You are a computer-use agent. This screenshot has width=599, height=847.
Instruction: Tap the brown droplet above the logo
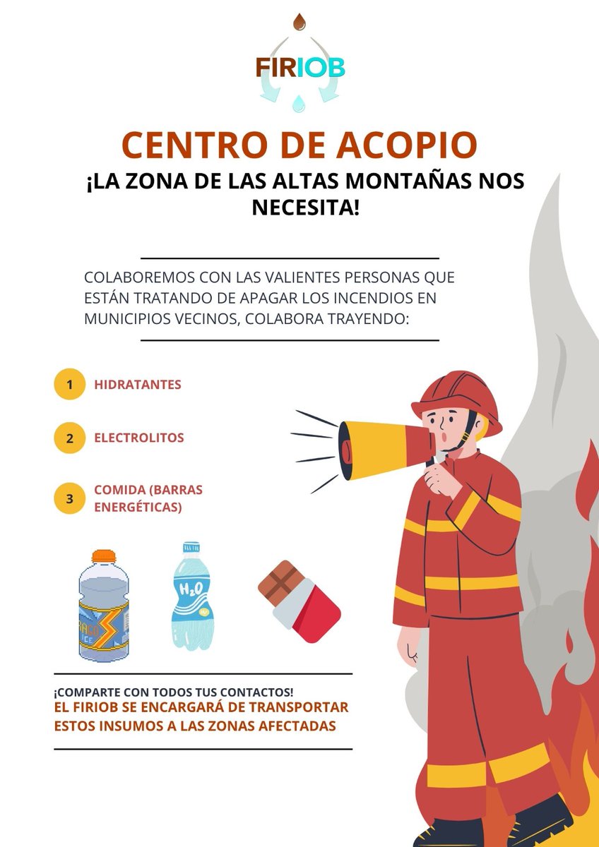(299, 22)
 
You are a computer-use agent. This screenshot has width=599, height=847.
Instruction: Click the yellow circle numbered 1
(69, 385)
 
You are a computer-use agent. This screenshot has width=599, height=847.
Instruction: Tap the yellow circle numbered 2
(69, 438)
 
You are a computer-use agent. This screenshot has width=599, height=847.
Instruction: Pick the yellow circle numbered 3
(69, 498)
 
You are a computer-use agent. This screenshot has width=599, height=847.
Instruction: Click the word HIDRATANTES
(138, 385)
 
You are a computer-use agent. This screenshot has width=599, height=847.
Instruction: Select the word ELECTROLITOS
(139, 438)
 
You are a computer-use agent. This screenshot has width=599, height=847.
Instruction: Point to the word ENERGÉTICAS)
(138, 507)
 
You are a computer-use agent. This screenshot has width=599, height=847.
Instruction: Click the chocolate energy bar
(299, 601)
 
